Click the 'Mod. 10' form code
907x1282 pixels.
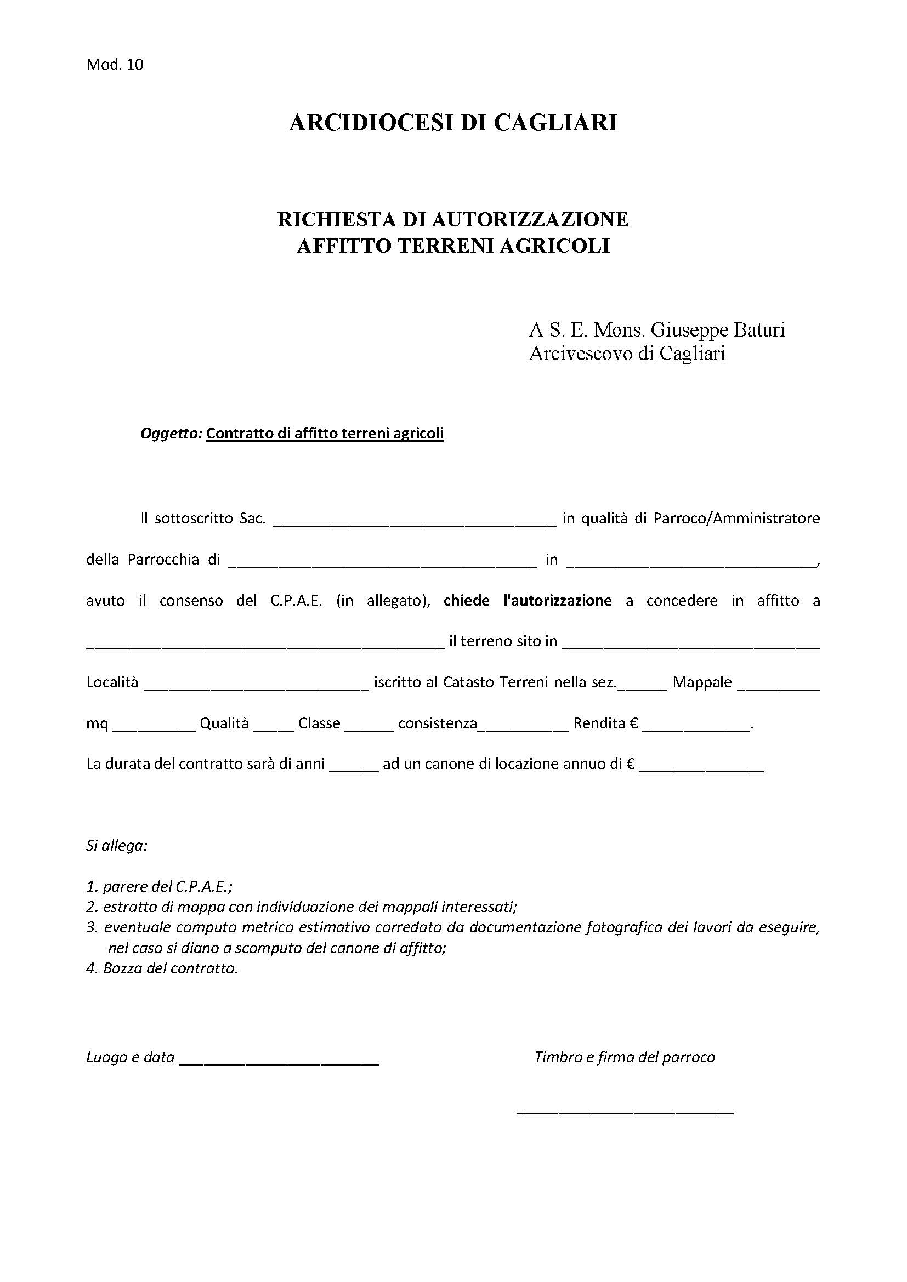pos(115,65)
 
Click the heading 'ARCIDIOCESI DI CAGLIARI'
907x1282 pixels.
pos(453,123)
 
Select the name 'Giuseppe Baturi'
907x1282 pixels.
pos(718,330)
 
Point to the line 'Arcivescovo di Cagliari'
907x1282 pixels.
pos(627,354)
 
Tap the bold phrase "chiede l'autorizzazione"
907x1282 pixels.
pos(527,601)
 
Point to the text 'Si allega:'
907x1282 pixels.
pos(117,846)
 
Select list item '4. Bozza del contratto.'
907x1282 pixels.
pos(162,968)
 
